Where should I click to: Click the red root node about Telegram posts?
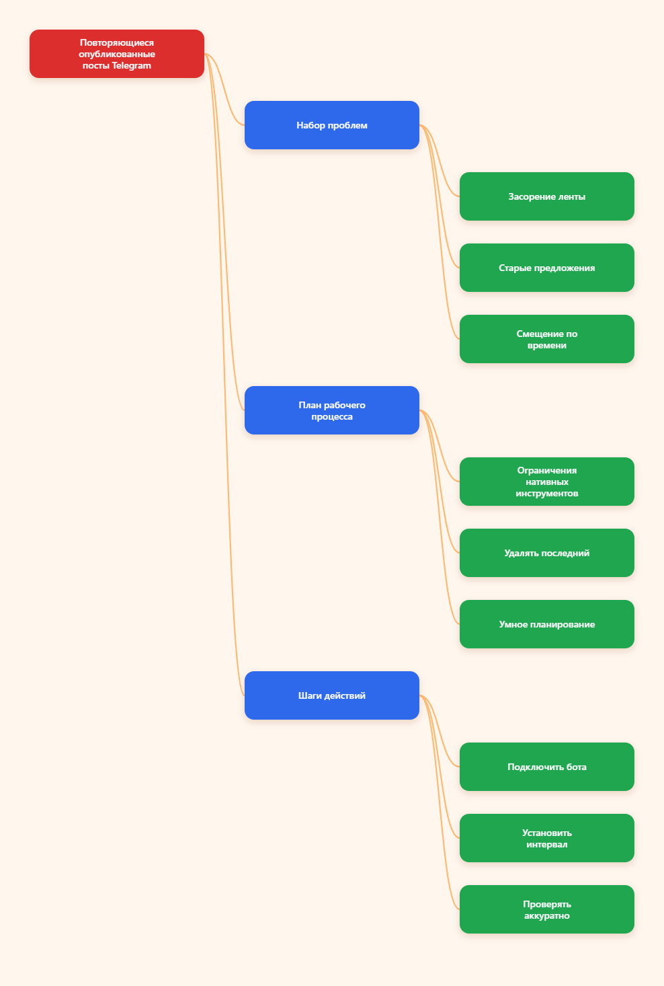tap(116, 54)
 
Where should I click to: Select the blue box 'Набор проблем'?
tap(331, 125)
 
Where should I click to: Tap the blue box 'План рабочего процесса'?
tap(331, 410)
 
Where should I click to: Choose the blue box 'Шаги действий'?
tap(331, 695)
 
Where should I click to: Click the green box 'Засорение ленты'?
tap(546, 196)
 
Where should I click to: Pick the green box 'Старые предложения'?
tap(546, 268)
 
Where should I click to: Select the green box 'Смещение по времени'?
tap(546, 339)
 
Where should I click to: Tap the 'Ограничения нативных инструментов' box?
tap(546, 482)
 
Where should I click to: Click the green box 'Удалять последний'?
tap(546, 553)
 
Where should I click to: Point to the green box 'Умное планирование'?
tap(546, 624)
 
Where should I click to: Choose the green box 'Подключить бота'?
tap(546, 767)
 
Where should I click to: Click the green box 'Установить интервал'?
tap(546, 838)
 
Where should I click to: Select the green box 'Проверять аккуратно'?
tap(546, 909)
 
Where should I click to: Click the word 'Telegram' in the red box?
tap(131, 66)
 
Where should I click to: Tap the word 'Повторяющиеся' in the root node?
tap(116, 42)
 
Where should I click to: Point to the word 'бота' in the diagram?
tap(576, 767)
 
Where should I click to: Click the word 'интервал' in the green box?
tap(546, 844)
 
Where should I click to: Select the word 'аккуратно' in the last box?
tap(546, 915)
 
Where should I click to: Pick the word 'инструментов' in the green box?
tap(546, 494)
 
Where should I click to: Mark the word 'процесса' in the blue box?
tap(331, 416)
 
